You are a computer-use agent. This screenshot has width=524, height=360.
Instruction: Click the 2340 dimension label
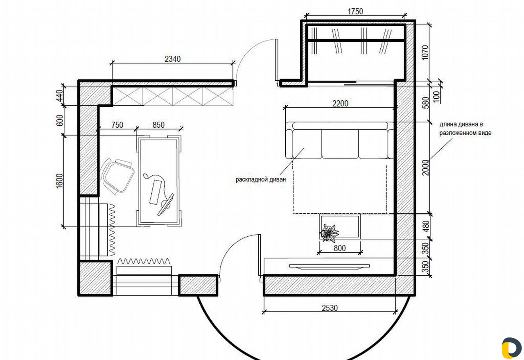click(x=172, y=59)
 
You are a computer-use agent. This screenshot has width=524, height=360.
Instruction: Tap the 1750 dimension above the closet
click(x=355, y=11)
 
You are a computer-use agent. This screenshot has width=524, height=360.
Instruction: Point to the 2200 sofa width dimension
click(x=340, y=104)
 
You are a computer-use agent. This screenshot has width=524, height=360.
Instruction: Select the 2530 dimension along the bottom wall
click(x=330, y=308)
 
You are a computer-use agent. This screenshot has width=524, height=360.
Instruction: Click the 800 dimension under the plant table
click(x=339, y=248)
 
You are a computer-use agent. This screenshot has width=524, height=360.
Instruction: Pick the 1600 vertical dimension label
click(x=60, y=181)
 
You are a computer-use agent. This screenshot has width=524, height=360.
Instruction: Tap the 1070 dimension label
click(x=425, y=52)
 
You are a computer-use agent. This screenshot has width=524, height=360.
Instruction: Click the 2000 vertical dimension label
click(x=425, y=168)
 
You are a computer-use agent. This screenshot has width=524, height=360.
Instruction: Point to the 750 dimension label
click(x=117, y=125)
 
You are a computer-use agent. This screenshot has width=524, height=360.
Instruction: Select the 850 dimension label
click(x=158, y=125)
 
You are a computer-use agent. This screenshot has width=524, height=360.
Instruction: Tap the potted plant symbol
click(x=330, y=233)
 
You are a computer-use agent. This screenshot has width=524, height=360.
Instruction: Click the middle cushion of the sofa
click(x=340, y=144)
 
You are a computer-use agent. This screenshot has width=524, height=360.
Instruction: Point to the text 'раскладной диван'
click(x=261, y=179)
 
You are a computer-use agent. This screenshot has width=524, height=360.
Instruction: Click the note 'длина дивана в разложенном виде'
click(x=465, y=129)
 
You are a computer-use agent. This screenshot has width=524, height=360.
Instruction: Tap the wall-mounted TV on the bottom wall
click(x=330, y=266)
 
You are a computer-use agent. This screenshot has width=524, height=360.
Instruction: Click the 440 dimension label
click(x=60, y=96)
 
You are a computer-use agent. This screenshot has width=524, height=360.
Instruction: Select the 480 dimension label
click(x=426, y=226)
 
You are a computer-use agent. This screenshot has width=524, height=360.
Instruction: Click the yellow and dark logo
click(x=512, y=348)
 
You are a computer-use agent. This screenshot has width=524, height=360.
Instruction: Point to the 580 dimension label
click(x=426, y=103)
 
